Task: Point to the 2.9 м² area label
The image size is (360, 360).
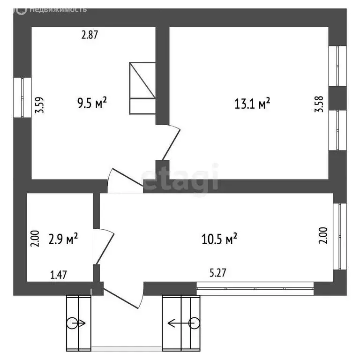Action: click(63, 240)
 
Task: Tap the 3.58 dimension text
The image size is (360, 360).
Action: click(320, 104)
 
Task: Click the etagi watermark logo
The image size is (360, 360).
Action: click(180, 177)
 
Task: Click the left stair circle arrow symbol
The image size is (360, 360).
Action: click(75, 323)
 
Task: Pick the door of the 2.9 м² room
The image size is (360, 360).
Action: click(104, 246)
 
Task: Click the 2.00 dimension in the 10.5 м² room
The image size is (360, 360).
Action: click(323, 236)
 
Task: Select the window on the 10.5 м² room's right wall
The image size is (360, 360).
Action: click(339, 236)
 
